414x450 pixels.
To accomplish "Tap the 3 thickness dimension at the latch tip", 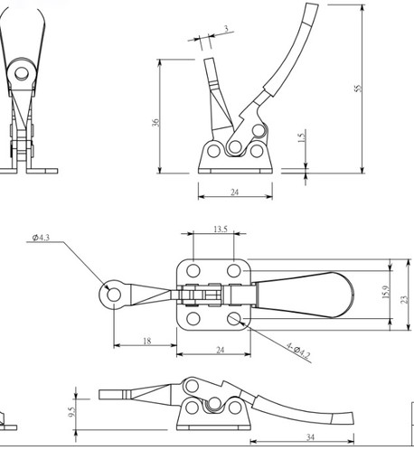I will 223,29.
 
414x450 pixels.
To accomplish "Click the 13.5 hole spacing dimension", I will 218,230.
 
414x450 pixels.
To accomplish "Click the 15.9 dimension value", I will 384,295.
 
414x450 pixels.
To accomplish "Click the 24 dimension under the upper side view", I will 234,192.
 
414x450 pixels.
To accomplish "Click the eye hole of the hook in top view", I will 113,293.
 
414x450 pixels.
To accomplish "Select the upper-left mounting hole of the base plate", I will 193,269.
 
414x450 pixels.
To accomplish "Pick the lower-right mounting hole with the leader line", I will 235,319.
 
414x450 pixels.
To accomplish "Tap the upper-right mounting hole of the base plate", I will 235,269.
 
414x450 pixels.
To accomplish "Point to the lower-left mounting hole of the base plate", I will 193,319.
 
